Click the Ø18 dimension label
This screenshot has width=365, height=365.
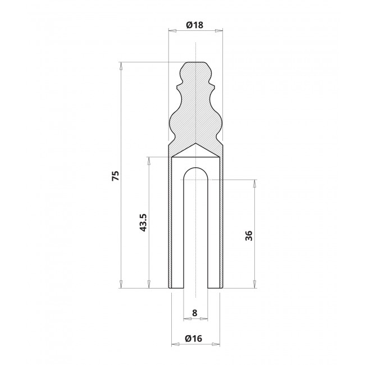point(195,25)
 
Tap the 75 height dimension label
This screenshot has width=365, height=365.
point(116,176)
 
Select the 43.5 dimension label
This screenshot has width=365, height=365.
point(143,222)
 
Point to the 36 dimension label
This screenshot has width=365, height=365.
point(249,236)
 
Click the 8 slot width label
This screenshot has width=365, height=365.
point(195,313)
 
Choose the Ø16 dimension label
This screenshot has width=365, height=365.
point(194,339)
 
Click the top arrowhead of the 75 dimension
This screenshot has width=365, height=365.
point(121,66)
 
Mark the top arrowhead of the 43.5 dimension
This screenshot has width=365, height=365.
point(148,161)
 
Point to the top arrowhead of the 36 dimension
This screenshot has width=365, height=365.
point(254,184)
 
